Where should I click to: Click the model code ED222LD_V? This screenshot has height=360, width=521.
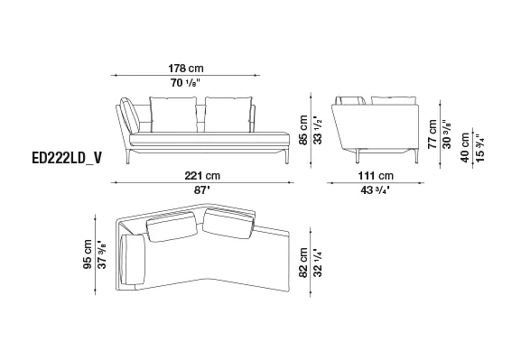[67, 159]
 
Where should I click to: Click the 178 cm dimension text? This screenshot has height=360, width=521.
[186, 69]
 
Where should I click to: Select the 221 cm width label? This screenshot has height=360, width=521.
[202, 175]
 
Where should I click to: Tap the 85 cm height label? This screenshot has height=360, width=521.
[303, 130]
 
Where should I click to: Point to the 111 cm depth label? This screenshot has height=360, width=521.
[376, 175]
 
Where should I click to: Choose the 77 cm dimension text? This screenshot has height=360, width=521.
[432, 134]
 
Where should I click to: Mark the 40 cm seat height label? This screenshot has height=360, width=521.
[465, 147]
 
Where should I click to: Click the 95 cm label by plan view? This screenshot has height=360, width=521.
[88, 254]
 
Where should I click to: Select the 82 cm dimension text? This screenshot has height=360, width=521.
[303, 262]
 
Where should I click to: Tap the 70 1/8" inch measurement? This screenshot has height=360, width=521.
[186, 83]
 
